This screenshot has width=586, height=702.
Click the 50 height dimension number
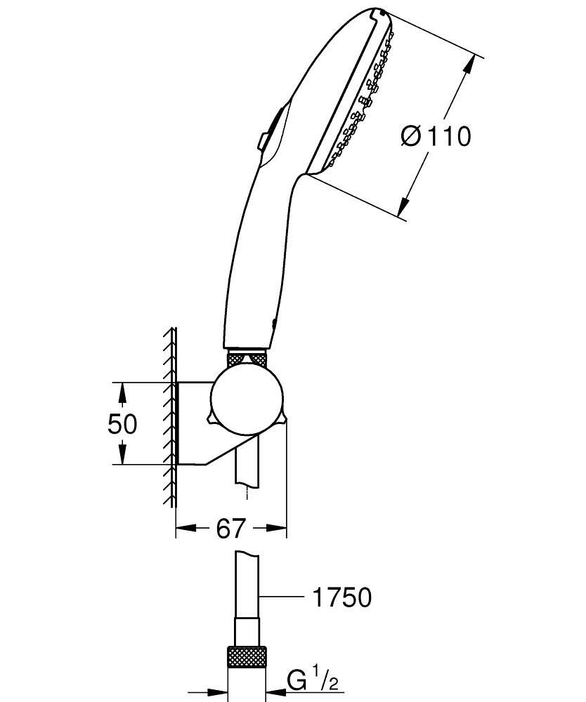(x=122, y=424)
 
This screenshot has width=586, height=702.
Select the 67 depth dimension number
(x=231, y=528)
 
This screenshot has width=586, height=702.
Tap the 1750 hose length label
(x=341, y=597)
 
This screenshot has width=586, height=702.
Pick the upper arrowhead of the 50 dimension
(x=122, y=390)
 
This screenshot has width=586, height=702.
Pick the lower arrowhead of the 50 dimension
(x=122, y=456)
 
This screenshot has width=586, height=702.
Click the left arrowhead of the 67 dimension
(x=184, y=528)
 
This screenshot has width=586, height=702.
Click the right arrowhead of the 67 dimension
(x=278, y=528)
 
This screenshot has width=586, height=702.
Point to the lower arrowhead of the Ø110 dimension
(x=403, y=205)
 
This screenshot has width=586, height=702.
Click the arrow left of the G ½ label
(x=275, y=690)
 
